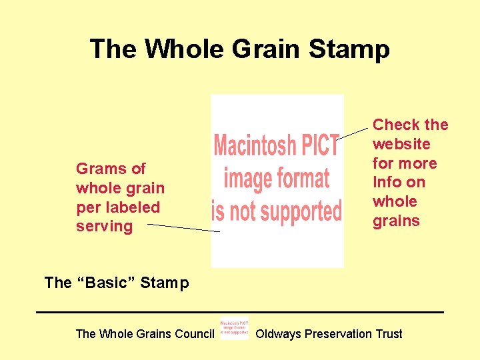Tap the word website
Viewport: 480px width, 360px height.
click(401, 144)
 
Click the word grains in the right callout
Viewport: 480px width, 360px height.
click(396, 221)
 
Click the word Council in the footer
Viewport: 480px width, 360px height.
click(191, 334)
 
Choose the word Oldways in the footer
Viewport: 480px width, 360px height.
click(278, 334)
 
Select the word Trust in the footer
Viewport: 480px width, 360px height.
click(389, 334)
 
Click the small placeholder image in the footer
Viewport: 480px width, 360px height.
click(234, 328)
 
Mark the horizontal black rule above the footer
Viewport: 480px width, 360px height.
click(240, 312)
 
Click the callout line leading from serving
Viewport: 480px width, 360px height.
click(183, 228)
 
